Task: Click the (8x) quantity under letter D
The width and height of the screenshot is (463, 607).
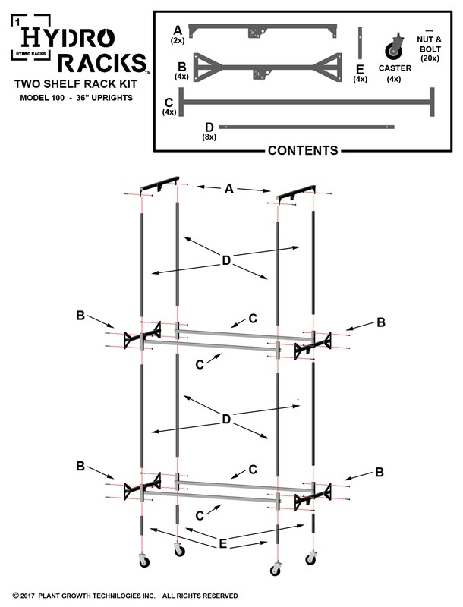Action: pyautogui.click(x=209, y=137)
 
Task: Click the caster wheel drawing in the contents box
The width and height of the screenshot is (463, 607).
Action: pyautogui.click(x=395, y=47)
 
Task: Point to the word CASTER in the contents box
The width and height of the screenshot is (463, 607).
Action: pyautogui.click(x=395, y=68)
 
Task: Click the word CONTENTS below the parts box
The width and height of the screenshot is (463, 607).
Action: pyautogui.click(x=303, y=150)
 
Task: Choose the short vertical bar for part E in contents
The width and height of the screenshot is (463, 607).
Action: pyautogui.click(x=362, y=42)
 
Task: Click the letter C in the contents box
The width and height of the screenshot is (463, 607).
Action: pyautogui.click(x=169, y=101)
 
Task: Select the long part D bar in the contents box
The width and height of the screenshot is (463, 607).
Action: pyautogui.click(x=307, y=127)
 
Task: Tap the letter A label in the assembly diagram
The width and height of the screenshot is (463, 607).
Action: pyautogui.click(x=228, y=189)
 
